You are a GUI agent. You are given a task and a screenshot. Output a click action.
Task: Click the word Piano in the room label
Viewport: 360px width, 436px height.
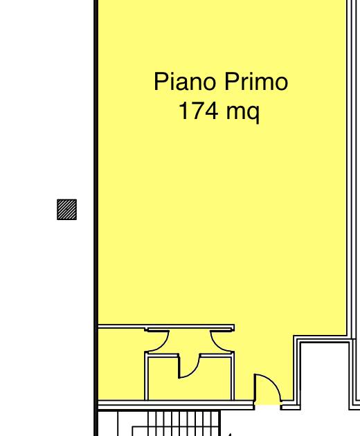point(185,81)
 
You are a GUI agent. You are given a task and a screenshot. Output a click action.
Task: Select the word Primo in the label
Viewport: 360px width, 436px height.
point(256,81)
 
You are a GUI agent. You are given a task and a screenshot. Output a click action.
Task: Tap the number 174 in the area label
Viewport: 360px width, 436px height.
point(198,111)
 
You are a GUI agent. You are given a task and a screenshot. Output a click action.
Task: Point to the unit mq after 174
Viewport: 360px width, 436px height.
point(243,113)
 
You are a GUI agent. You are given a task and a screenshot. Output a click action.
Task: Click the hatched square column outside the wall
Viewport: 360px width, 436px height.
point(66,210)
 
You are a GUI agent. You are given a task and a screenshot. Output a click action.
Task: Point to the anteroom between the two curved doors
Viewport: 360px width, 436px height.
point(190,342)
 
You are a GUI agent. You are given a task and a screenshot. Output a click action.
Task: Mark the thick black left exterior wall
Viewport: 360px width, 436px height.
point(96,218)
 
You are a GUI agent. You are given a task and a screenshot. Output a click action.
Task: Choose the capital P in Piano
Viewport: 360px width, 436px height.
point(161,81)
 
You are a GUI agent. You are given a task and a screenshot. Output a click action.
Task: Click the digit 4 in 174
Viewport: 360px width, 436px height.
point(211,111)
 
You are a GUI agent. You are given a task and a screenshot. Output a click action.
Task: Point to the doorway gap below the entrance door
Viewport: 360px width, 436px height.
point(267,406)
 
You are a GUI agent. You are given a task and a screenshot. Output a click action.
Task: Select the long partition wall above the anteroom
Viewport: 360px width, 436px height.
point(166,327)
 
